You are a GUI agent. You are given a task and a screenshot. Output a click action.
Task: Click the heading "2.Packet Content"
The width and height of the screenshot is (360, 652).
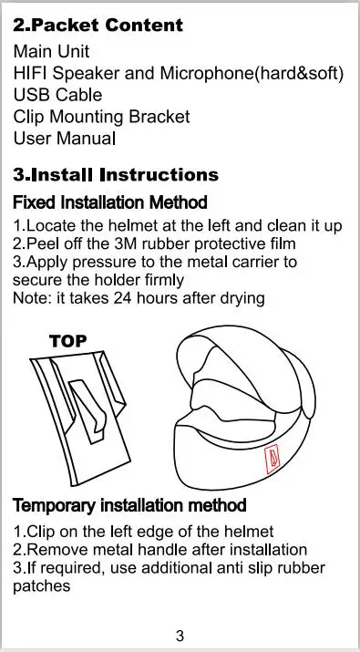click(98, 26)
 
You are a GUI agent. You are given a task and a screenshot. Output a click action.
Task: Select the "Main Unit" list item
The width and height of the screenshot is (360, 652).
click(51, 52)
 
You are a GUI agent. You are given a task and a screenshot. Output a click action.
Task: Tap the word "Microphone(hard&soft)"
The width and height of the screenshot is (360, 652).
click(252, 74)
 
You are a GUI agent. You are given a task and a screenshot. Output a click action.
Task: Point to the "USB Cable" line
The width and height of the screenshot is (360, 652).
click(57, 95)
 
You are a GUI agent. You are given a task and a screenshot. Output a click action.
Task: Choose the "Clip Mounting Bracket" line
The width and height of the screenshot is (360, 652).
click(101, 117)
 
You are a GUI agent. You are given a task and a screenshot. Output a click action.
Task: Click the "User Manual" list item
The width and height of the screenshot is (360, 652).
click(65, 138)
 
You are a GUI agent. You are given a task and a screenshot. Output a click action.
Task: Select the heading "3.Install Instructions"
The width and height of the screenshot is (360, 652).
click(116, 175)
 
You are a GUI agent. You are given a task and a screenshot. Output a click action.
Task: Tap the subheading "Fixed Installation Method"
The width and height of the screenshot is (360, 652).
click(110, 202)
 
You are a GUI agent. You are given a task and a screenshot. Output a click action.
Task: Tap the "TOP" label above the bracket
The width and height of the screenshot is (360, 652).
click(68, 341)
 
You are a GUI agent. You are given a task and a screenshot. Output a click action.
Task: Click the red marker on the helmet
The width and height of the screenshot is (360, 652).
click(273, 459)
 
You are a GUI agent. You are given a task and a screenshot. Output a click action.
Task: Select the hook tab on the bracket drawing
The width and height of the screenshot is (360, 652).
click(88, 409)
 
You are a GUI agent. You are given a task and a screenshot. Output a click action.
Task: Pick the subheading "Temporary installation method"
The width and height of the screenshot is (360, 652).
click(129, 505)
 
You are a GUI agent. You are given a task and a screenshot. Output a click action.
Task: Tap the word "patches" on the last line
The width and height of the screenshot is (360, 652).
click(42, 586)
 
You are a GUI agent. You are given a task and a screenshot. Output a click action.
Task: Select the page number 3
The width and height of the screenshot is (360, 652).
click(180, 636)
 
